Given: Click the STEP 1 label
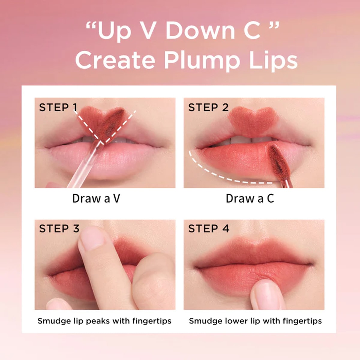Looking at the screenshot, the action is coord(58,107).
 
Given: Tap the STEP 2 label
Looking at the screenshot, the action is coord(208,107).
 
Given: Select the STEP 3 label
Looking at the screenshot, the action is coord(59,229).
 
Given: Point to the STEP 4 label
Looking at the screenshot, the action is coord(209,229).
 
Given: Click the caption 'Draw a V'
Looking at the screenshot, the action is coord(96,198).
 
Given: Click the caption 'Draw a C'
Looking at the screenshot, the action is coord(250,198).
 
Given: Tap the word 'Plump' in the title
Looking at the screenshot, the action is coord(202,61).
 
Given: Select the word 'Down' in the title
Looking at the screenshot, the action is coord(200,31).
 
